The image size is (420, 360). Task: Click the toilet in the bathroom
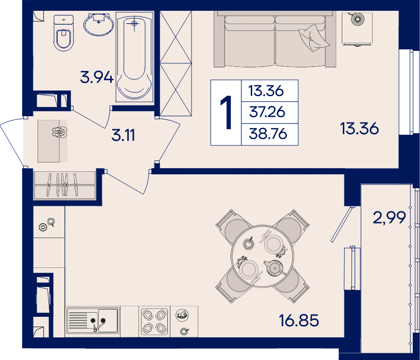coord(63,32)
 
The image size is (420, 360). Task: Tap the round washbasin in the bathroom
coord(99,24)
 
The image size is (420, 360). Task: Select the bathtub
coord(134,57)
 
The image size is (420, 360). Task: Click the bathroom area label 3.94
coord(97,77)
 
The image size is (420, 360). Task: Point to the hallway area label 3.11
coord(123,135)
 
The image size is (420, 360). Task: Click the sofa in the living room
coord(275,39)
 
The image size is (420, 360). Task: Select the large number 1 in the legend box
coord(226,113)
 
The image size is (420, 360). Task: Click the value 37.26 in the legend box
coord(267,112)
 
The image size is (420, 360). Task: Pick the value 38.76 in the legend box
coord(268,134)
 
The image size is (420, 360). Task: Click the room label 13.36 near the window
coord(359,128)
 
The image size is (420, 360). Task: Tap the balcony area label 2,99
coord(389,218)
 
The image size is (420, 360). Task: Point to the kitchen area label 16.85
coord(299,320)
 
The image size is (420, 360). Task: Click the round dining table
coord(262,257)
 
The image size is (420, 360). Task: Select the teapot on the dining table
coord(274,267)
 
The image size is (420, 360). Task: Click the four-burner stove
coord(154,321)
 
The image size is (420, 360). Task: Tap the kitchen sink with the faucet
coord(93,320)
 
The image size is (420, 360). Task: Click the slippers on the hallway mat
coord(60,132)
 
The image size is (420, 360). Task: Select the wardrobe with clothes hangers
coord(64,185)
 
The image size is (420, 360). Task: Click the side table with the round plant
coord(357,28)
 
